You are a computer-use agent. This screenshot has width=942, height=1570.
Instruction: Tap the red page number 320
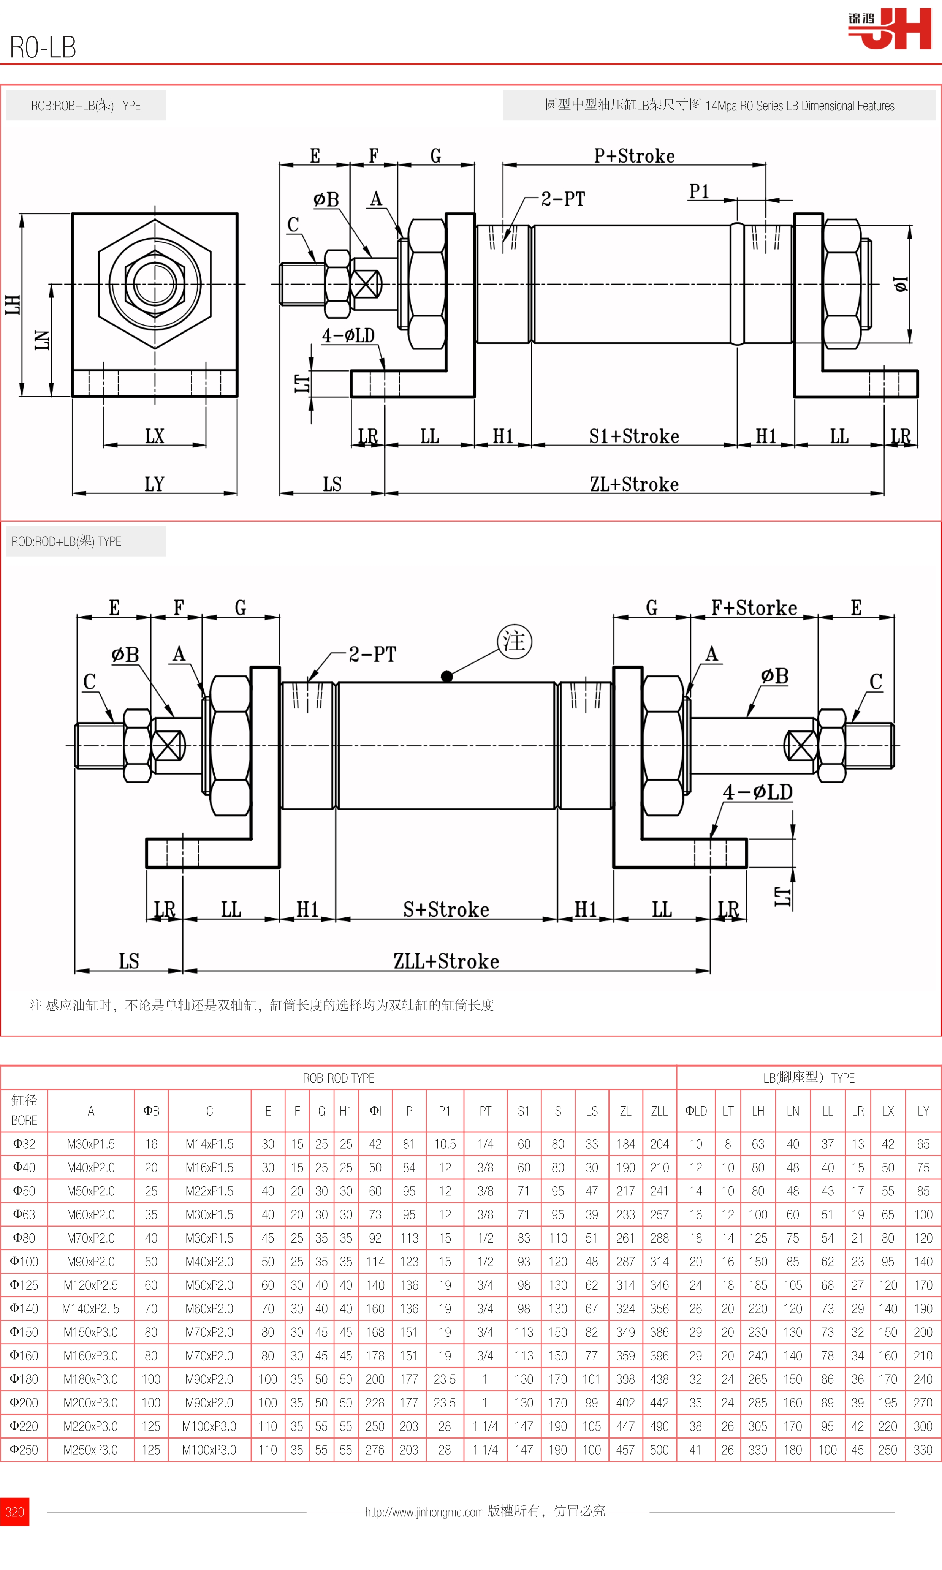(x=14, y=1512)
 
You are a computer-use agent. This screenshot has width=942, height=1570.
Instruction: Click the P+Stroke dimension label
(x=634, y=156)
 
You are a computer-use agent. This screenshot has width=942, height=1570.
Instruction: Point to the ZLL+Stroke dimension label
(x=446, y=961)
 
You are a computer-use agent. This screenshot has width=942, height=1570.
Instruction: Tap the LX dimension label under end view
(x=154, y=436)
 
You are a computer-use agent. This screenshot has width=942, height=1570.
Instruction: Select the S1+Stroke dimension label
(x=634, y=436)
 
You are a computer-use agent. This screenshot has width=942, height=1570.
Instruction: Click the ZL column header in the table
(x=625, y=1111)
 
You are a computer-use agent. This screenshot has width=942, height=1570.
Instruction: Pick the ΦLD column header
(x=696, y=1111)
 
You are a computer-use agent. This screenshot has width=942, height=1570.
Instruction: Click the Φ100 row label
(x=24, y=1262)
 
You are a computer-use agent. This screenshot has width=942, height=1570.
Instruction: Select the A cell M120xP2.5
(x=91, y=1285)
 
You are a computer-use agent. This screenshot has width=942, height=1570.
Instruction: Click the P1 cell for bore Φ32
(x=444, y=1144)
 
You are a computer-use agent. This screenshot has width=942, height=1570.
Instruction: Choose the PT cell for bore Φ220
(x=485, y=1426)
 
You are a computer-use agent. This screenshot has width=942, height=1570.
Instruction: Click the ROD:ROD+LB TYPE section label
(x=66, y=541)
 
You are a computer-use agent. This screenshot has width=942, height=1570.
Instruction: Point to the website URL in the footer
(x=424, y=1512)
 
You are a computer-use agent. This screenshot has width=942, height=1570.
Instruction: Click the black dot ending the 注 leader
(x=447, y=677)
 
